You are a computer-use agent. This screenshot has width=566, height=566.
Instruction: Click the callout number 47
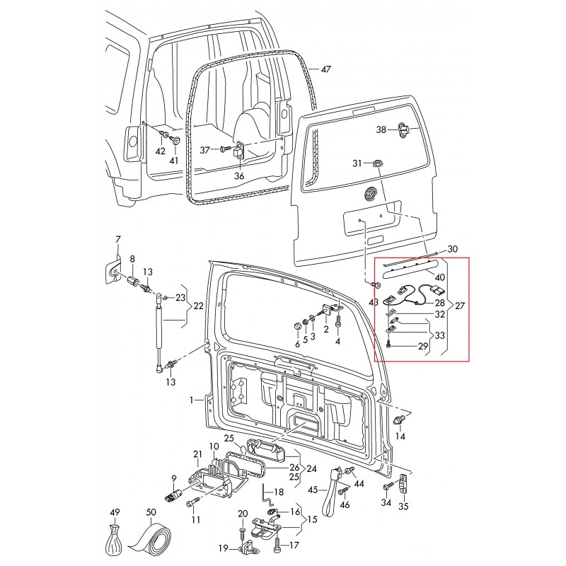325,69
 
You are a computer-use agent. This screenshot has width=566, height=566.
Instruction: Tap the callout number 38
381,129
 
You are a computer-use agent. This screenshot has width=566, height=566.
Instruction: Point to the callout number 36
239,175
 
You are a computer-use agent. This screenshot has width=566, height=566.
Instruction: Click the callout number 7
118,239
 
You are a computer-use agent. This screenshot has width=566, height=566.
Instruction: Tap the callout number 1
191,400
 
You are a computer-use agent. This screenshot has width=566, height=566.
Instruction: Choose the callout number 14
400,436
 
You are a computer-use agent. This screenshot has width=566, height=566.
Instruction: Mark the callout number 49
115,512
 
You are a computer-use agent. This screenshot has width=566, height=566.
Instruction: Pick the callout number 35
405,506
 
